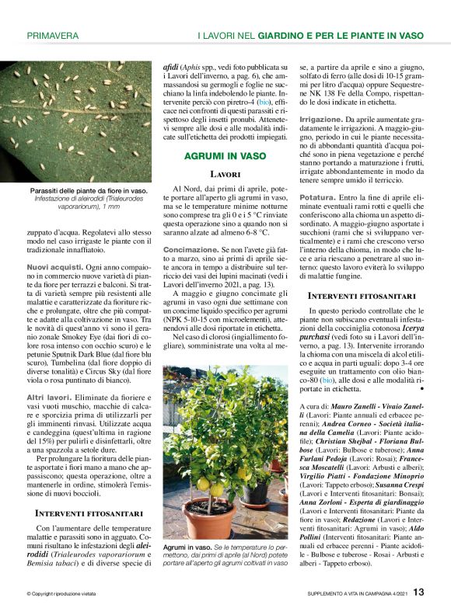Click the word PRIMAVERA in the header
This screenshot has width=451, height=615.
coord(52,35)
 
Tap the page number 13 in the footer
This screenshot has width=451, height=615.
coord(418,592)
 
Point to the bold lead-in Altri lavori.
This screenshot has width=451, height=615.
coord(50,397)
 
